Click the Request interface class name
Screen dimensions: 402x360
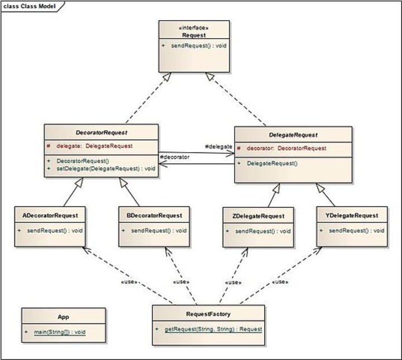pyautogui.click(x=194, y=35)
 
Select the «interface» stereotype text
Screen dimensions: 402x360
pyautogui.click(x=194, y=28)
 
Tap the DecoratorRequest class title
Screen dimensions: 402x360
pyautogui.click(x=102, y=132)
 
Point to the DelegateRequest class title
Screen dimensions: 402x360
pyautogui.click(x=293, y=135)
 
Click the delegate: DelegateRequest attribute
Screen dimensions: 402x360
pyautogui.click(x=94, y=146)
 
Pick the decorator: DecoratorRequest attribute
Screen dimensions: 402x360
pyautogui.click(x=286, y=148)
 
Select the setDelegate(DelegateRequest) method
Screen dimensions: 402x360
pyautogui.click(x=106, y=168)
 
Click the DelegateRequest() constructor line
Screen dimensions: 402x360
pyautogui.click(x=272, y=163)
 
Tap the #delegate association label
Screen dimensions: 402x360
pyautogui.click(x=219, y=146)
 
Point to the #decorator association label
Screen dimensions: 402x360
pyautogui.click(x=175, y=157)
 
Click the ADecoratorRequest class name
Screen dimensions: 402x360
pyautogui.click(x=50, y=215)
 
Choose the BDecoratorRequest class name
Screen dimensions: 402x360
pyautogui.click(x=154, y=215)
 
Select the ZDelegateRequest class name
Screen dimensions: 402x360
pyautogui.click(x=259, y=216)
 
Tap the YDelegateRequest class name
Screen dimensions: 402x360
pyautogui.click(x=352, y=215)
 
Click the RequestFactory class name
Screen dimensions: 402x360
pyautogui.click(x=208, y=314)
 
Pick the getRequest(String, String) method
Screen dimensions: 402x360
pyautogui.click(x=213, y=329)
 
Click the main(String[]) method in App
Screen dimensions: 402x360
pyautogui.click(x=60, y=332)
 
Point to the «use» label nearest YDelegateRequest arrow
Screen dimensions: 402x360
pyautogui.click(x=280, y=282)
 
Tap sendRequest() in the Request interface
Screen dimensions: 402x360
pyautogui.click(x=199, y=46)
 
